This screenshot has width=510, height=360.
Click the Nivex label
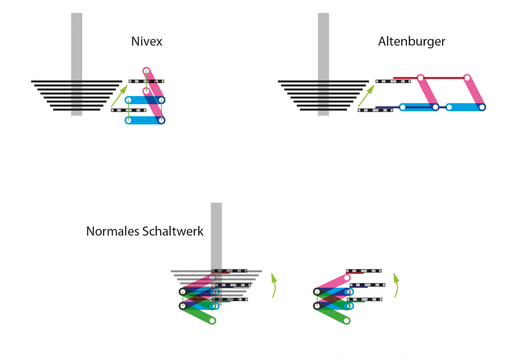pos(147,41)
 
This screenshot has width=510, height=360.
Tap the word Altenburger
pos(412,41)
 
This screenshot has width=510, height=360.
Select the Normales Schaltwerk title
pos(145,231)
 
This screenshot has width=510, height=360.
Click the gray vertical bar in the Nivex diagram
pos(76,48)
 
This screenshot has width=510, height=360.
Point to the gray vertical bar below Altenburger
pos(323,48)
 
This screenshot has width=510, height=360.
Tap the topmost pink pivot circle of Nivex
pos(146,70)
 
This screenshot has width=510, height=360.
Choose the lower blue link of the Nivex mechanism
pos(142,120)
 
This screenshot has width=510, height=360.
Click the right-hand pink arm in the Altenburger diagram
pos(475,92)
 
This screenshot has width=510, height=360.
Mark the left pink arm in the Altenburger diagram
pos(428,92)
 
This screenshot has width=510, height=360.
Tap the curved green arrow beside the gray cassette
pos(274,285)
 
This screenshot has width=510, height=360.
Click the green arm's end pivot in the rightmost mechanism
pos(347,321)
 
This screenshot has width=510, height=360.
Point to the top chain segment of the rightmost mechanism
pos(364,271)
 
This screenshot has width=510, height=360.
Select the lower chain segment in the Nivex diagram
pos(128,110)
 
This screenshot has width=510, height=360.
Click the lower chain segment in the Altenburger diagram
pos(375,110)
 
